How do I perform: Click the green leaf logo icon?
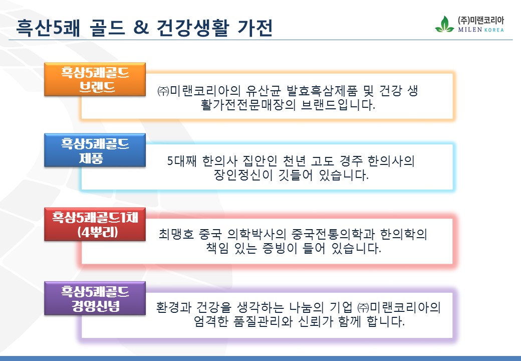click(444, 24)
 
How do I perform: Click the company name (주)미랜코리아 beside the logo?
click(481, 20)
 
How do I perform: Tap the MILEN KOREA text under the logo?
click(481, 30)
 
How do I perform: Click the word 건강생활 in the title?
click(193, 27)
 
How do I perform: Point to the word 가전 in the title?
click(255, 27)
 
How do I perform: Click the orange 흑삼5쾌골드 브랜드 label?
click(95, 79)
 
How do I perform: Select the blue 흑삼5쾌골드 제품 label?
click(95, 150)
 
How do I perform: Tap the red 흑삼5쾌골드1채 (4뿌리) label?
click(95, 225)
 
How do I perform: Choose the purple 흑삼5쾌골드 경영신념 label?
click(95, 298)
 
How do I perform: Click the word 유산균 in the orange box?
click(263, 90)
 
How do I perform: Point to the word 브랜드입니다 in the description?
click(338, 105)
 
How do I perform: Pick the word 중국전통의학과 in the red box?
click(333, 234)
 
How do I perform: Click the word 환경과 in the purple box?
click(174, 307)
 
